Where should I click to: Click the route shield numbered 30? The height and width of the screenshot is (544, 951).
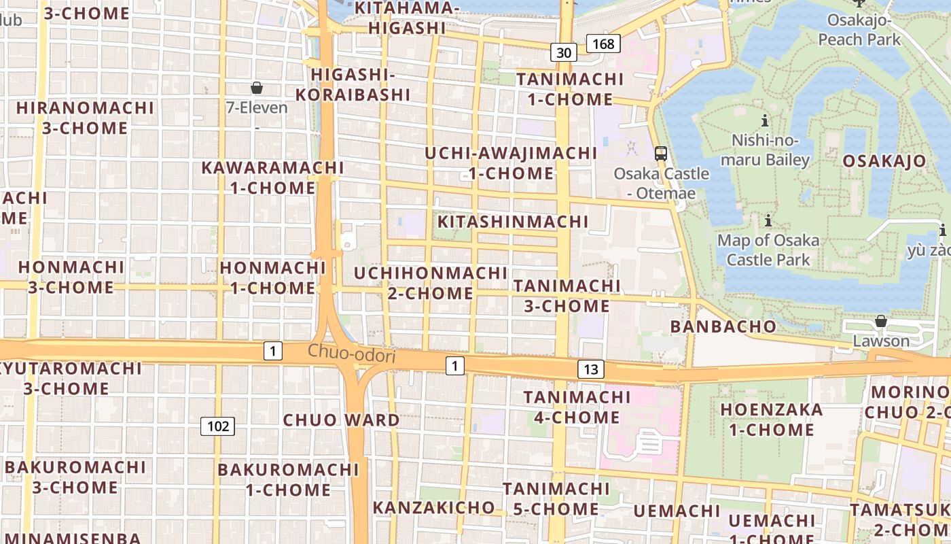[x=563, y=52]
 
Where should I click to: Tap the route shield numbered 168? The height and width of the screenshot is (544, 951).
[x=603, y=44]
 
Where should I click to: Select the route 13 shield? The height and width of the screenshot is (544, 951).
[x=591, y=369]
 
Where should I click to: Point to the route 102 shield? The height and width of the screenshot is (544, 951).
[x=217, y=426]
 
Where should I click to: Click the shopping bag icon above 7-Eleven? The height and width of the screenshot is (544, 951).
[x=257, y=88]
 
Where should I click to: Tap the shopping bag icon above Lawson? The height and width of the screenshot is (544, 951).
[x=881, y=320]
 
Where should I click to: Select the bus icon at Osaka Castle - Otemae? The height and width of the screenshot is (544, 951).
[x=661, y=153]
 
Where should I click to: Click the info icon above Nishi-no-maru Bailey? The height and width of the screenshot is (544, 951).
[x=766, y=121]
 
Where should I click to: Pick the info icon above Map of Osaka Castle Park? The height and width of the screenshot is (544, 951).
[x=768, y=221]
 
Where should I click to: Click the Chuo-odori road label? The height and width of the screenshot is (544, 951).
[x=351, y=354]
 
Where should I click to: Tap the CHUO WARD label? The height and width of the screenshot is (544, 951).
[x=341, y=420]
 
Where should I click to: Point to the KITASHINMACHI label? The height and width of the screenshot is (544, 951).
[x=513, y=222]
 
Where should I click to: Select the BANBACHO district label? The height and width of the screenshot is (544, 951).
[x=723, y=326]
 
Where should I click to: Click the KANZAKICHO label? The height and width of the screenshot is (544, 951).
[x=434, y=507]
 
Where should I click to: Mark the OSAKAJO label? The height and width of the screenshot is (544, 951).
[x=884, y=161]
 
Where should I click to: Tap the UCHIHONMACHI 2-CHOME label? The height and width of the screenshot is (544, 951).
[x=431, y=283]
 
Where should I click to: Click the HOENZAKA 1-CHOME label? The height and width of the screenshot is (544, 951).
[x=772, y=420]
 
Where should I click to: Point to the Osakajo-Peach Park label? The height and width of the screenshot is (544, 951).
[x=859, y=29]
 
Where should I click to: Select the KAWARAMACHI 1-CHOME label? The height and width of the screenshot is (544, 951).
[x=272, y=177]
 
